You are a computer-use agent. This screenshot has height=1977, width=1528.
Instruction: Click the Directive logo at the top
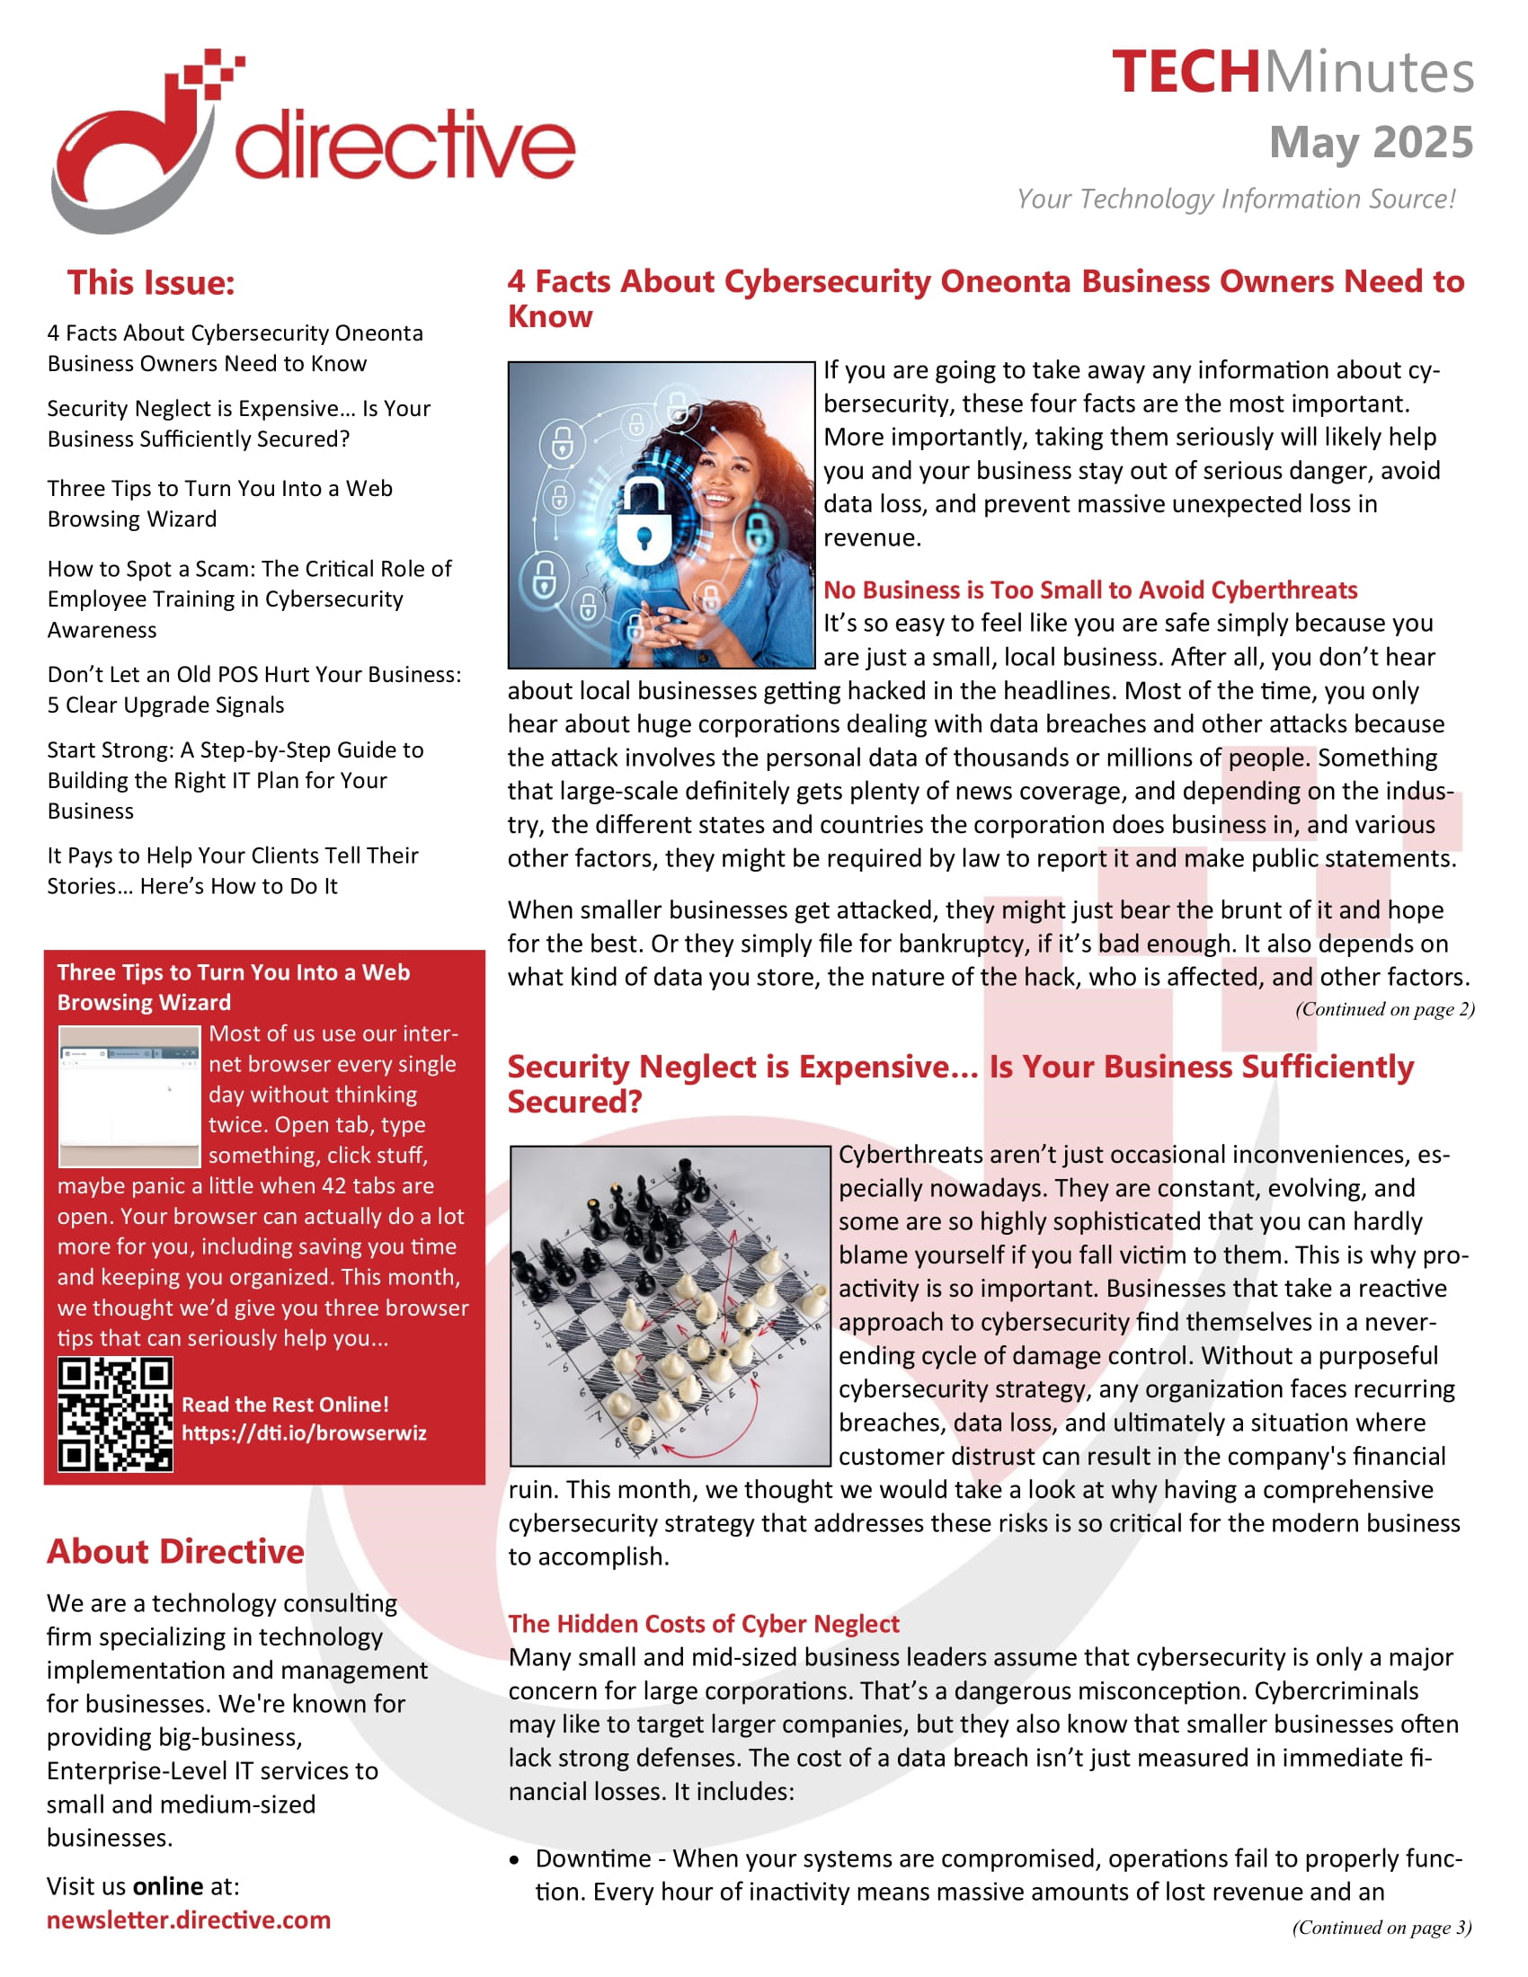pyautogui.click(x=312, y=140)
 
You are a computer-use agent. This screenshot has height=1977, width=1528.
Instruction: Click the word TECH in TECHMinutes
pyautogui.click(x=1185, y=73)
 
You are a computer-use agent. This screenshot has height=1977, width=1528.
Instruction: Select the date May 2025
pyautogui.click(x=1371, y=142)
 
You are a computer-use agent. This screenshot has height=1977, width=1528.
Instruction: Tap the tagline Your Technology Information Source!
pyautogui.click(x=1236, y=199)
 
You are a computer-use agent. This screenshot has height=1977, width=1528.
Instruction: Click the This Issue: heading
pyautogui.click(x=150, y=282)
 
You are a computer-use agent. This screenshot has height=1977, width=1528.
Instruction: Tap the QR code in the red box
pyautogui.click(x=115, y=1413)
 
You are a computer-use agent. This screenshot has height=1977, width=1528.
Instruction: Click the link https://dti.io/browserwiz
pyautogui.click(x=303, y=1432)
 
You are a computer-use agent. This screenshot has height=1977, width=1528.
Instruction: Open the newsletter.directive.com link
pyautogui.click(x=188, y=1919)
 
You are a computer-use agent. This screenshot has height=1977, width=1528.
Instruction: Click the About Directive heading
pyautogui.click(x=175, y=1551)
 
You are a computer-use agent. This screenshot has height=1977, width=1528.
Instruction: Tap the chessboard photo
pyautogui.click(x=670, y=1306)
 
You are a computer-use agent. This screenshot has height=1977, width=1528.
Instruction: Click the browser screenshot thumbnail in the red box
pyautogui.click(x=129, y=1095)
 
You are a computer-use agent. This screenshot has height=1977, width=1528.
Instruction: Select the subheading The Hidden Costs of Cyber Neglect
pyautogui.click(x=704, y=1623)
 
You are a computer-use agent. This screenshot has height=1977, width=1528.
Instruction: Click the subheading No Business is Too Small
pyautogui.click(x=1089, y=590)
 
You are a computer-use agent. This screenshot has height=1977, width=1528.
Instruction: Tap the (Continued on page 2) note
pyautogui.click(x=1384, y=1008)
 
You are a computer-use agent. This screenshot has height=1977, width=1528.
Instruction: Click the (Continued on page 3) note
pyautogui.click(x=1381, y=1927)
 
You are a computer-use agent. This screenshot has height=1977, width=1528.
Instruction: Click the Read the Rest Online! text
pyautogui.click(x=285, y=1404)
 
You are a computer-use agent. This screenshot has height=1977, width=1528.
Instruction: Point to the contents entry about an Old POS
pyautogui.click(x=253, y=689)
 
